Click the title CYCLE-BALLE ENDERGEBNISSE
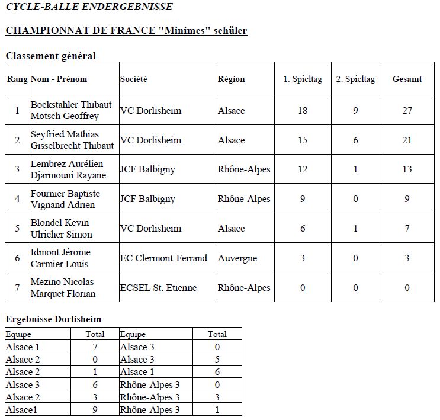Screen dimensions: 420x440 [89, 7]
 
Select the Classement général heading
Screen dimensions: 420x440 [50, 56]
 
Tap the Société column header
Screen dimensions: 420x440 [134, 79]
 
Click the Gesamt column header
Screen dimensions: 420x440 [407, 79]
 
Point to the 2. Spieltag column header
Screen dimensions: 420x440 [355, 79]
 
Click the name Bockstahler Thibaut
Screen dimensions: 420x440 [71, 105]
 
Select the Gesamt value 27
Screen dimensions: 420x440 [407, 111]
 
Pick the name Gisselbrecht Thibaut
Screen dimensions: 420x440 [72, 146]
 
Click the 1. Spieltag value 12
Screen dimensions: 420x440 [303, 169]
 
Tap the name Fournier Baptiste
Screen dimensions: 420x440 [65, 194]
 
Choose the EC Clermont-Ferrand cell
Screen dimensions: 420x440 [164, 258]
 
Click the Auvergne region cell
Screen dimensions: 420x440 [237, 258]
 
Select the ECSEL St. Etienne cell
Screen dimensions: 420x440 [158, 288]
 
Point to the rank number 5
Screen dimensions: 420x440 [17, 229]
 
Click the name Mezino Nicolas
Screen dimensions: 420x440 [62, 282]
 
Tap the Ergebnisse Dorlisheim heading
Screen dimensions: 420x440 [53, 319]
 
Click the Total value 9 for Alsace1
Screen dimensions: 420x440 [95, 410]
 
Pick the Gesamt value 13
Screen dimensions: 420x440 [407, 169]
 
